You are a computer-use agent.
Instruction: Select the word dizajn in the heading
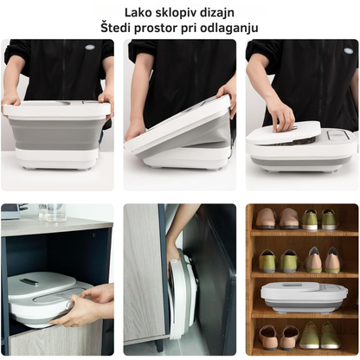(x=219, y=13)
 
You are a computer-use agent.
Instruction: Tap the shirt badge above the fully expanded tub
(x=90, y=48)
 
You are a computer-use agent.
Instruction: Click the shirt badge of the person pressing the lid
(x=349, y=51)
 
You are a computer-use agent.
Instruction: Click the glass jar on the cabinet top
(x=53, y=212)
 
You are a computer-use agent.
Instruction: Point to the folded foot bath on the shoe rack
(x=304, y=297)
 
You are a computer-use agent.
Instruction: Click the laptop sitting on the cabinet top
(x=11, y=211)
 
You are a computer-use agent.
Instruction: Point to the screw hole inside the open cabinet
(x=94, y=235)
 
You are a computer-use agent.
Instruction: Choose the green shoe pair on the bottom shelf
(x=319, y=335)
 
